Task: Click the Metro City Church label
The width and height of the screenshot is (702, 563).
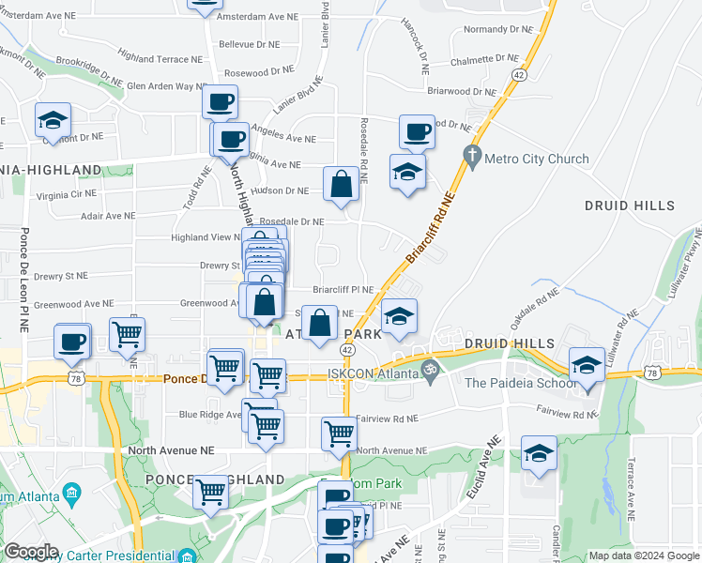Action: tap(537, 160)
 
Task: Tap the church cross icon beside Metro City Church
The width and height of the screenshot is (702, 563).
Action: tap(472, 154)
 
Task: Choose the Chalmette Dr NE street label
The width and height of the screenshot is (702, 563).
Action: tap(482, 60)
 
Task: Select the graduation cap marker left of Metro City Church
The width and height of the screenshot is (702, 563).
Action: tap(407, 173)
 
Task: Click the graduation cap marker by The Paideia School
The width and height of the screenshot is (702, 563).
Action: tap(587, 365)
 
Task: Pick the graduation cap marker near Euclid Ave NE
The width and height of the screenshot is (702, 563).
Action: tap(539, 453)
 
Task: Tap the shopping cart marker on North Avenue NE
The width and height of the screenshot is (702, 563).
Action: tap(339, 434)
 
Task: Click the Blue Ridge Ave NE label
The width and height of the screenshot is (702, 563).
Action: tap(212, 414)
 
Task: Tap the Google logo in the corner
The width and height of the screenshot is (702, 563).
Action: tap(31, 551)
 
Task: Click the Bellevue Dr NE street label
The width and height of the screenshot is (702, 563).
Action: tap(249, 44)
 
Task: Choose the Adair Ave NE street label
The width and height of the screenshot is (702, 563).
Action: tap(108, 216)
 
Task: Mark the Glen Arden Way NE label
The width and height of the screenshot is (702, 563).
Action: tap(166, 86)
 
